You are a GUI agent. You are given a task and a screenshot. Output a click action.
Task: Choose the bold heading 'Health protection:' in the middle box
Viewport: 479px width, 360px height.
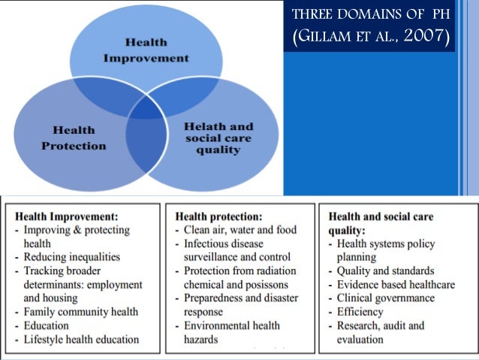tap(211, 216)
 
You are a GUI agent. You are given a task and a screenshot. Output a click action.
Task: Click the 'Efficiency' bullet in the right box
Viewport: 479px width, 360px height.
tap(366, 312)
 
